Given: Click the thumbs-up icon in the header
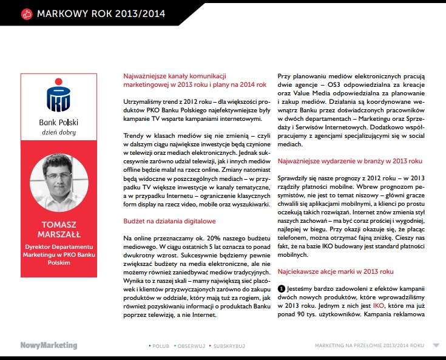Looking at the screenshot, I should pyautogui.click(x=25, y=13).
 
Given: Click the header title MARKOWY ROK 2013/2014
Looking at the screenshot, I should pyautogui.click(x=100, y=13).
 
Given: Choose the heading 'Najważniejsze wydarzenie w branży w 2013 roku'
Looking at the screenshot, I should pyautogui.click(x=349, y=161).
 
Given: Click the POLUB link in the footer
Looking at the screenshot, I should pyautogui.click(x=160, y=345).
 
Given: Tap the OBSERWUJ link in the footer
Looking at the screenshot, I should pyautogui.click(x=192, y=345).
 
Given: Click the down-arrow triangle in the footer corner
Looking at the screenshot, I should pyautogui.click(x=436, y=345).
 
